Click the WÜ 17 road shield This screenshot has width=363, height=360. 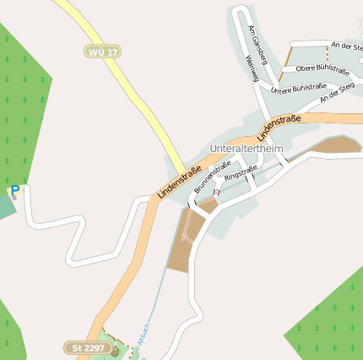[104, 52]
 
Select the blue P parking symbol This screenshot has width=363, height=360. [14, 191]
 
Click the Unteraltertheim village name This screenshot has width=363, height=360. [246, 148]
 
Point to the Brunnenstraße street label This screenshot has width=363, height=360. [212, 177]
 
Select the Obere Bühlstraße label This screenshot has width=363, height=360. [322, 68]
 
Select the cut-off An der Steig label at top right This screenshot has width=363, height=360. [346, 46]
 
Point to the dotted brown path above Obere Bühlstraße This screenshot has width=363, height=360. [327, 53]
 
